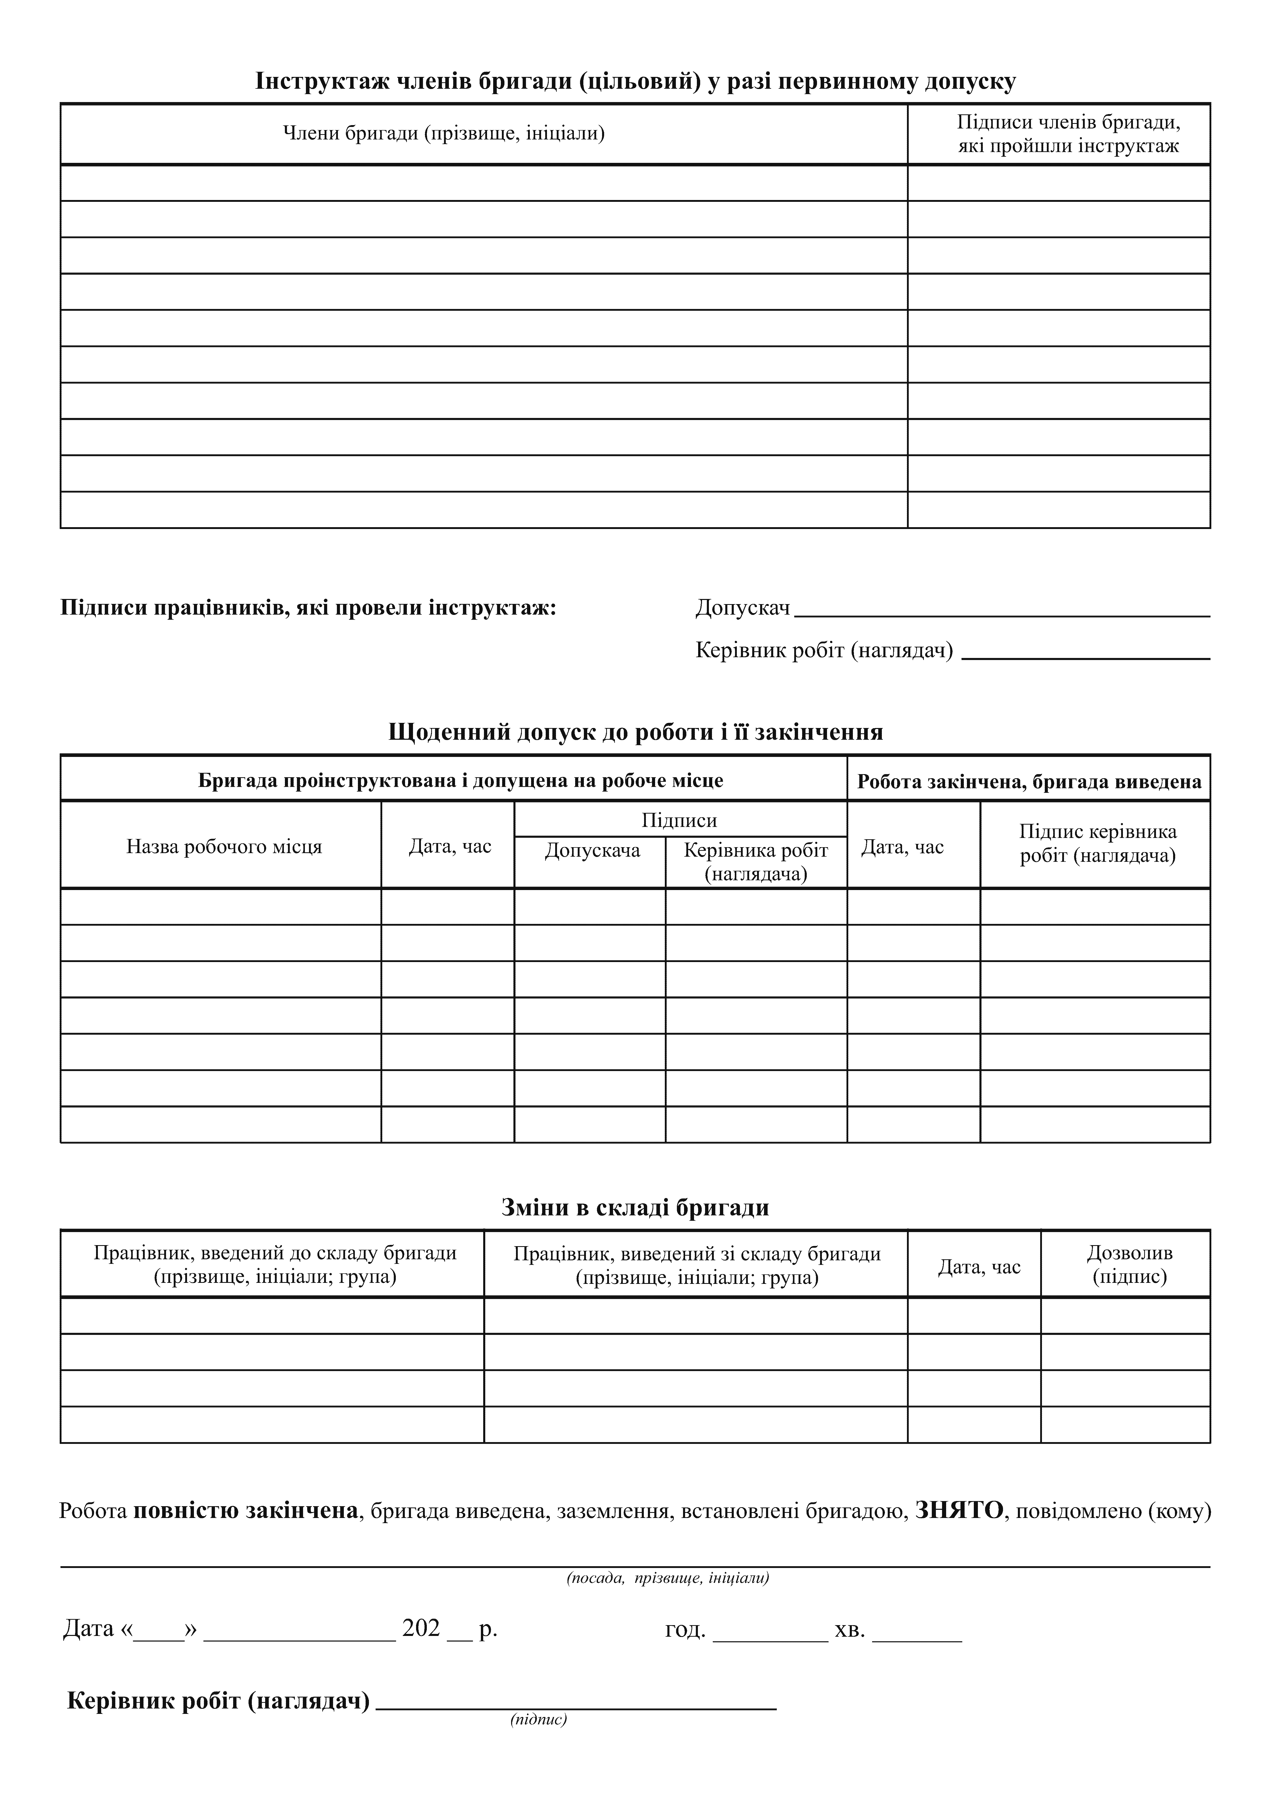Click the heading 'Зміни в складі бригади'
(635, 1207)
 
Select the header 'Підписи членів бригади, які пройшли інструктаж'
(1068, 134)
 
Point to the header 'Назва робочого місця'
(224, 847)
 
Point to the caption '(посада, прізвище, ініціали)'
(667, 1578)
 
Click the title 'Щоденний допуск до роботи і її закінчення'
(635, 732)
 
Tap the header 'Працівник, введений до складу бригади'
(275, 1265)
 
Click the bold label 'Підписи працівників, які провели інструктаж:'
(308, 608)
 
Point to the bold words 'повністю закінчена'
(245, 1511)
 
